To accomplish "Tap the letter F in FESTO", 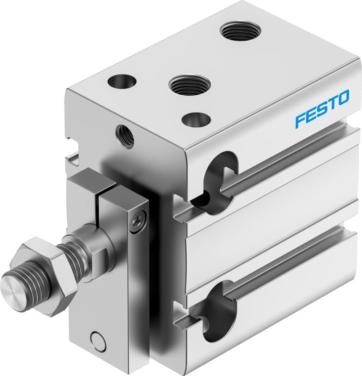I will (301, 120).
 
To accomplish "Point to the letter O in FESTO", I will (343, 97).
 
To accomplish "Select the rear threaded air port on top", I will (240, 31).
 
